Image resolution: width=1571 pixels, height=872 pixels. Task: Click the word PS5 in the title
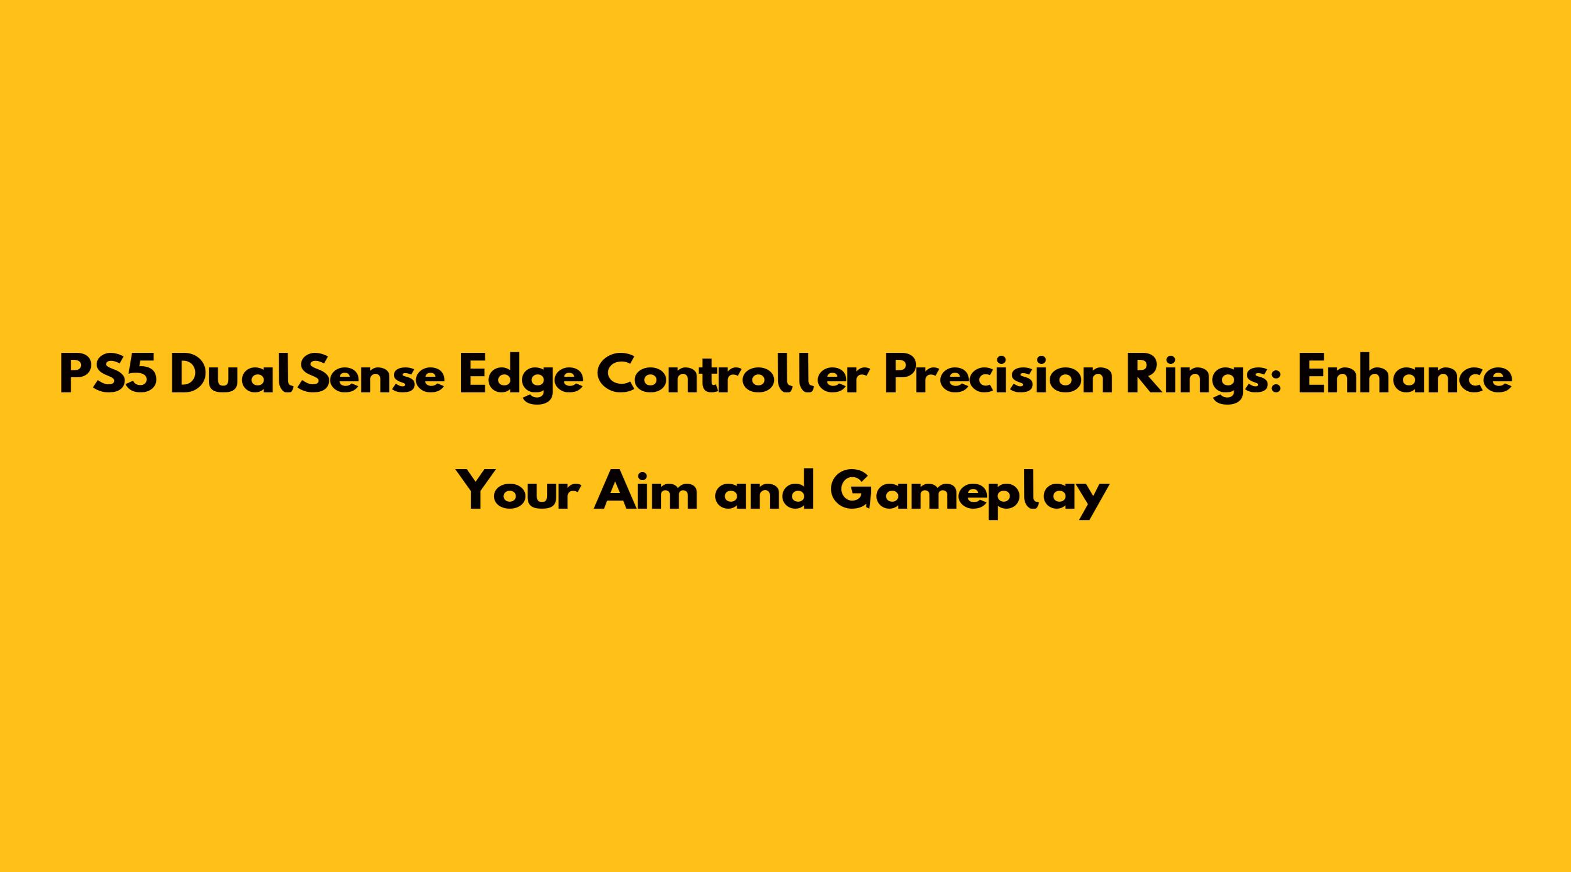pyautogui.click(x=109, y=376)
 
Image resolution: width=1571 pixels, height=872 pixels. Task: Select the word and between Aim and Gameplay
pyautogui.click(x=765, y=492)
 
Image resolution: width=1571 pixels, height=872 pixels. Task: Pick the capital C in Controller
pyautogui.click(x=617, y=376)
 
